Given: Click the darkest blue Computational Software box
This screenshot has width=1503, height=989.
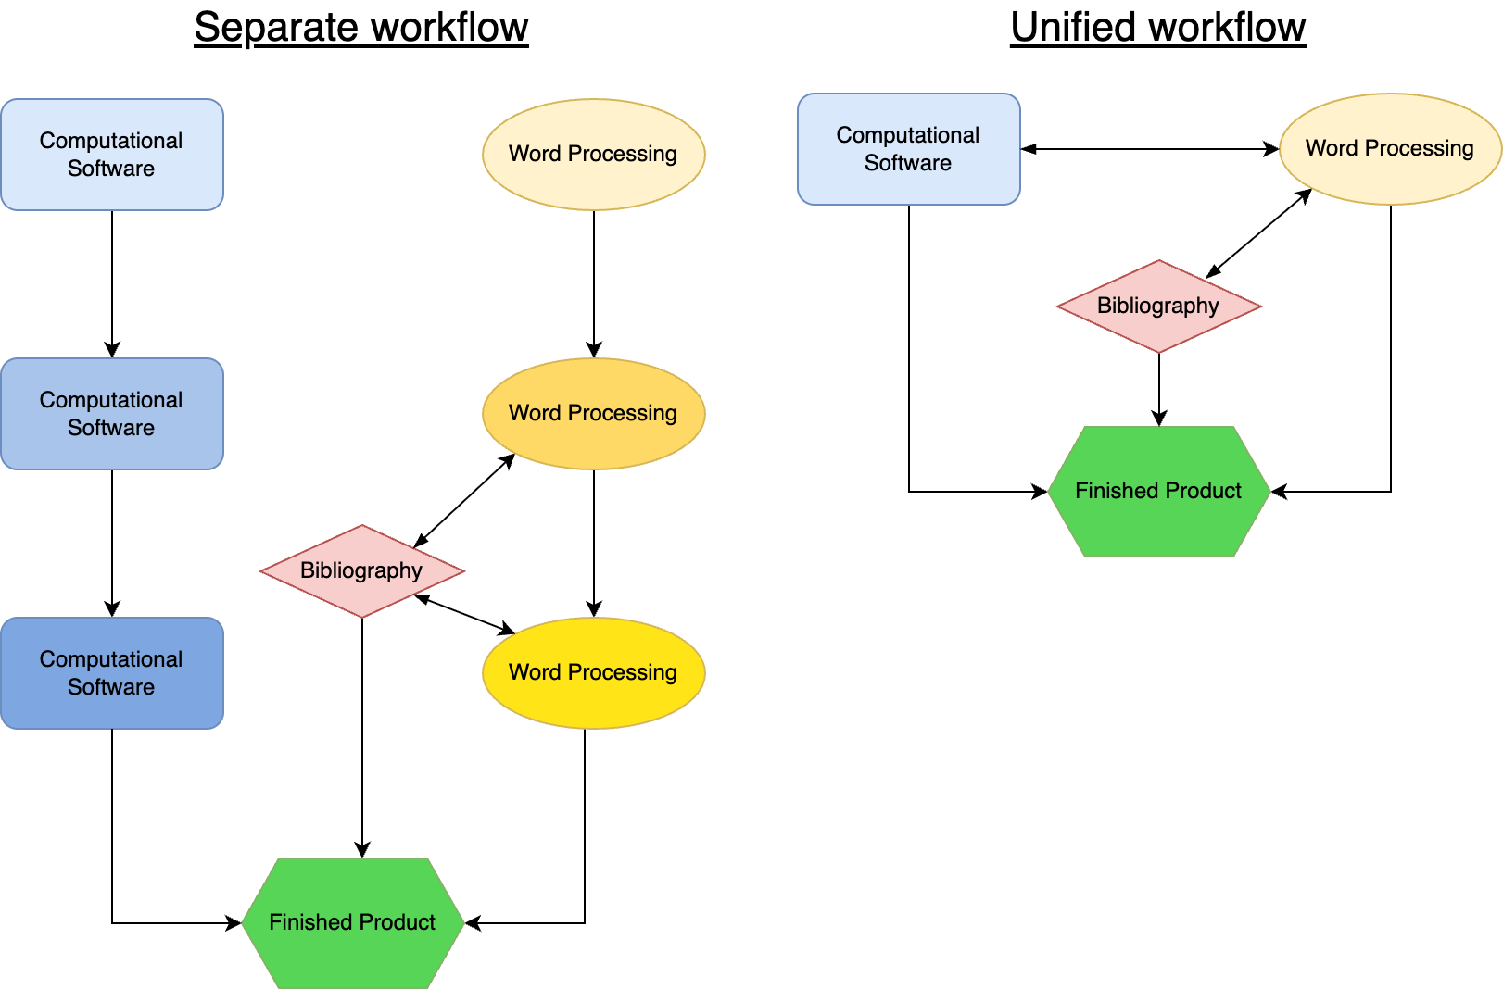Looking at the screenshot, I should click(111, 673).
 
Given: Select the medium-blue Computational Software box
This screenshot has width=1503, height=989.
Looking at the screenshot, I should click(111, 414).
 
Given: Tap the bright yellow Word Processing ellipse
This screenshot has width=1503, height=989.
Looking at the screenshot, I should click(593, 673).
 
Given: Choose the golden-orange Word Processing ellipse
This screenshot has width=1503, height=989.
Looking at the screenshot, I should click(593, 414).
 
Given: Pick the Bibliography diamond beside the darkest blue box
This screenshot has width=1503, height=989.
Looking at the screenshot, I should click(361, 571).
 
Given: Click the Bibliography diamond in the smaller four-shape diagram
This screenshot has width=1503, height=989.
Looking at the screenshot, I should click(1158, 307).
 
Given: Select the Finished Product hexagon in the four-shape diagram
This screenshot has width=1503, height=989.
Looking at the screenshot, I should click(1158, 491).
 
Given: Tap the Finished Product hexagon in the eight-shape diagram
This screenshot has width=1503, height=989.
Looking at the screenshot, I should click(352, 922).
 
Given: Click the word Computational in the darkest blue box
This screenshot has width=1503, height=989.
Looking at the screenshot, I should click(111, 659).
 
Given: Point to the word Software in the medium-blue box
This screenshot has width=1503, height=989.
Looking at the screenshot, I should click(111, 428).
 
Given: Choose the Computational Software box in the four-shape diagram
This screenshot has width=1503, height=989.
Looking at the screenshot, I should click(908, 149).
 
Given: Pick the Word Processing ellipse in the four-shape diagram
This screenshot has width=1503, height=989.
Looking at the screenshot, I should click(1390, 149).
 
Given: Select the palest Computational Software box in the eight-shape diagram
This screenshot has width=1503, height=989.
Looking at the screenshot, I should click(111, 155).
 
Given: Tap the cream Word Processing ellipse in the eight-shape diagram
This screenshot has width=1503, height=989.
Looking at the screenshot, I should click(593, 155).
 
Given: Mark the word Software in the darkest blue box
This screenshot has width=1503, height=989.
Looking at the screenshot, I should click(111, 687).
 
